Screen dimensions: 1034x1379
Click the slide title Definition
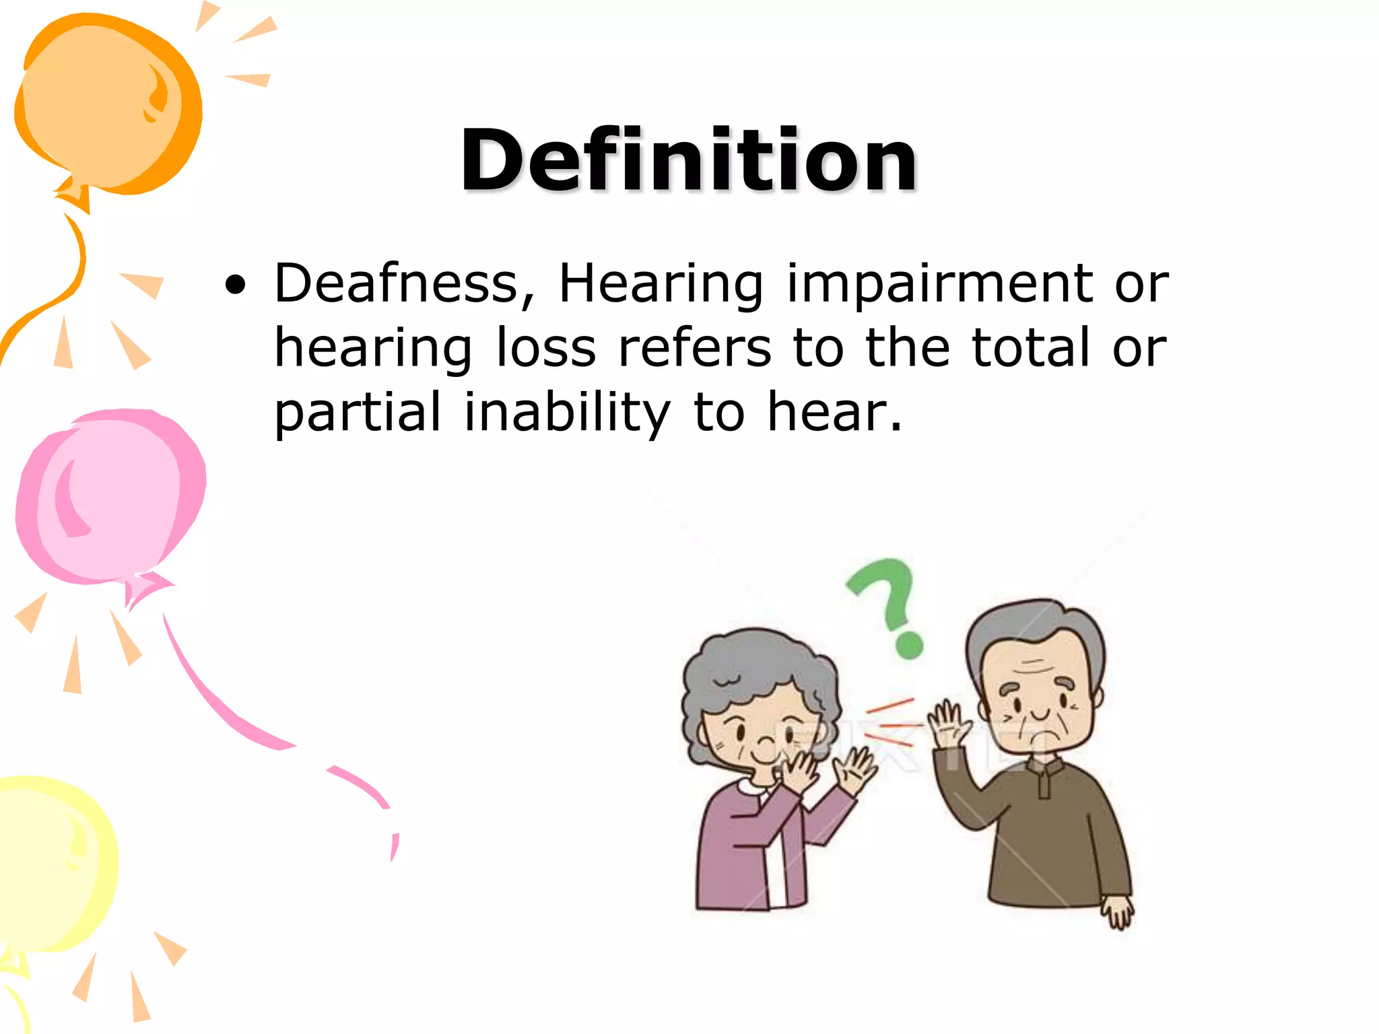pyautogui.click(x=688, y=162)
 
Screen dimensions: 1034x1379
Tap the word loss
pyautogui.click(x=546, y=349)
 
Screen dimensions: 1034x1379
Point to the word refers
pyautogui.click(x=694, y=349)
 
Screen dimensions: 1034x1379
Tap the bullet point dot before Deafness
pyautogui.click(x=235, y=287)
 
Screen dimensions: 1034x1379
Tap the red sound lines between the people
pyautogui.click(x=892, y=724)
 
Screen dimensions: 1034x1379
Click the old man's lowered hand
pyautogui.click(x=1118, y=912)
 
